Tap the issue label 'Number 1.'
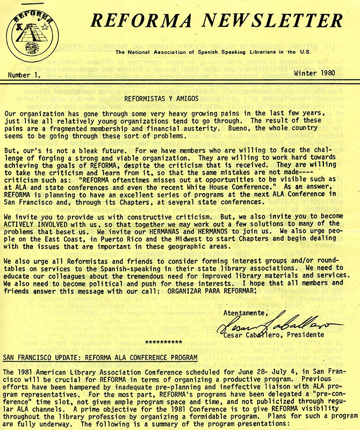pyautogui.click(x=25, y=75)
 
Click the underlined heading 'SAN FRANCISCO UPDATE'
pyautogui.click(x=44, y=357)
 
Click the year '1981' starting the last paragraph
pyautogui.click(x=27, y=372)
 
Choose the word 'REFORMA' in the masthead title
pyautogui.click(x=139, y=21)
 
